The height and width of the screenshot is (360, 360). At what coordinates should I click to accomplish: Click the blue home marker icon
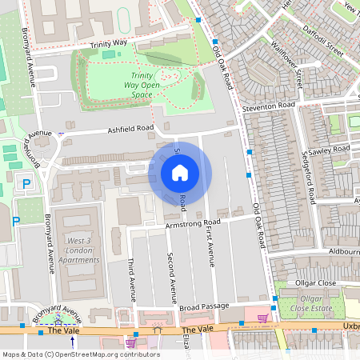pyautogui.click(x=180, y=172)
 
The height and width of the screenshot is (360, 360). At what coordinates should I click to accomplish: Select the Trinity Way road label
pyautogui.click(x=109, y=45)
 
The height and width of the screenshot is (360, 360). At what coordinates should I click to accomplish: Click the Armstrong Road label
pyautogui.click(x=192, y=224)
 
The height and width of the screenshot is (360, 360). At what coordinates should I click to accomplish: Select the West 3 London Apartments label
pyautogui.click(x=78, y=250)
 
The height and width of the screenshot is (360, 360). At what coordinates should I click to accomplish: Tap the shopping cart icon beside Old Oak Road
pyautogui.click(x=262, y=319)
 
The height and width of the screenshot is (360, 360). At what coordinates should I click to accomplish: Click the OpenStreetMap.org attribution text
pyautogui.click(x=103, y=354)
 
